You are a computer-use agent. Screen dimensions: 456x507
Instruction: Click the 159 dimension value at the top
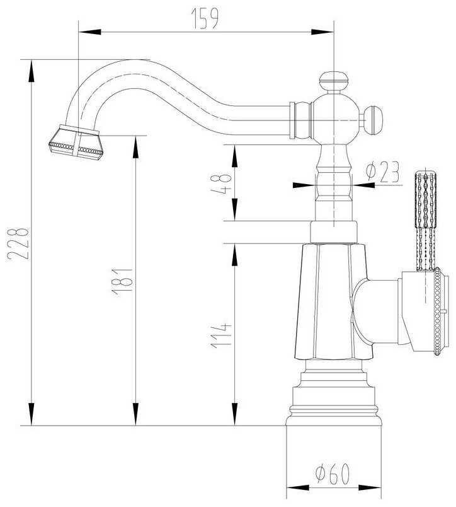205,18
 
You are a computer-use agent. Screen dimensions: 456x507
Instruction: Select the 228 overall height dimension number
18,244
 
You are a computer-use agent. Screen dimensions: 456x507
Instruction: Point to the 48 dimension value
221,184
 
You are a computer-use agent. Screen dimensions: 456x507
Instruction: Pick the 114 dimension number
221,335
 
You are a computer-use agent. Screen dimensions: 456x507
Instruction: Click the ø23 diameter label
382,172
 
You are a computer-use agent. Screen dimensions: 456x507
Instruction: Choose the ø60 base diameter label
333,474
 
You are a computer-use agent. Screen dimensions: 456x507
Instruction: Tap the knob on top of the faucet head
334,82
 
